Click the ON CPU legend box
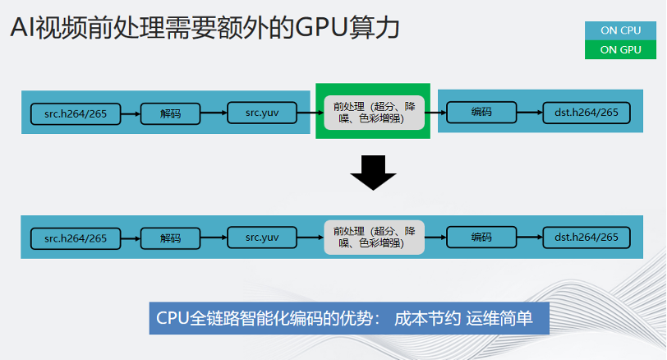(620, 30)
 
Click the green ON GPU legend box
(620, 50)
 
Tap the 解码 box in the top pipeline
(170, 113)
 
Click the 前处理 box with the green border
(373, 112)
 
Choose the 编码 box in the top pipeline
(481, 112)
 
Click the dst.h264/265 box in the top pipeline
(586, 113)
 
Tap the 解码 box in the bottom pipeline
(170, 238)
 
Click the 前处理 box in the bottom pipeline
(373, 237)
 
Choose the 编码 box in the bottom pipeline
(481, 237)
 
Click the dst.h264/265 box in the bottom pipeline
(586, 238)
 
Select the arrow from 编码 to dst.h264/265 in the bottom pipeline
(529, 238)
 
